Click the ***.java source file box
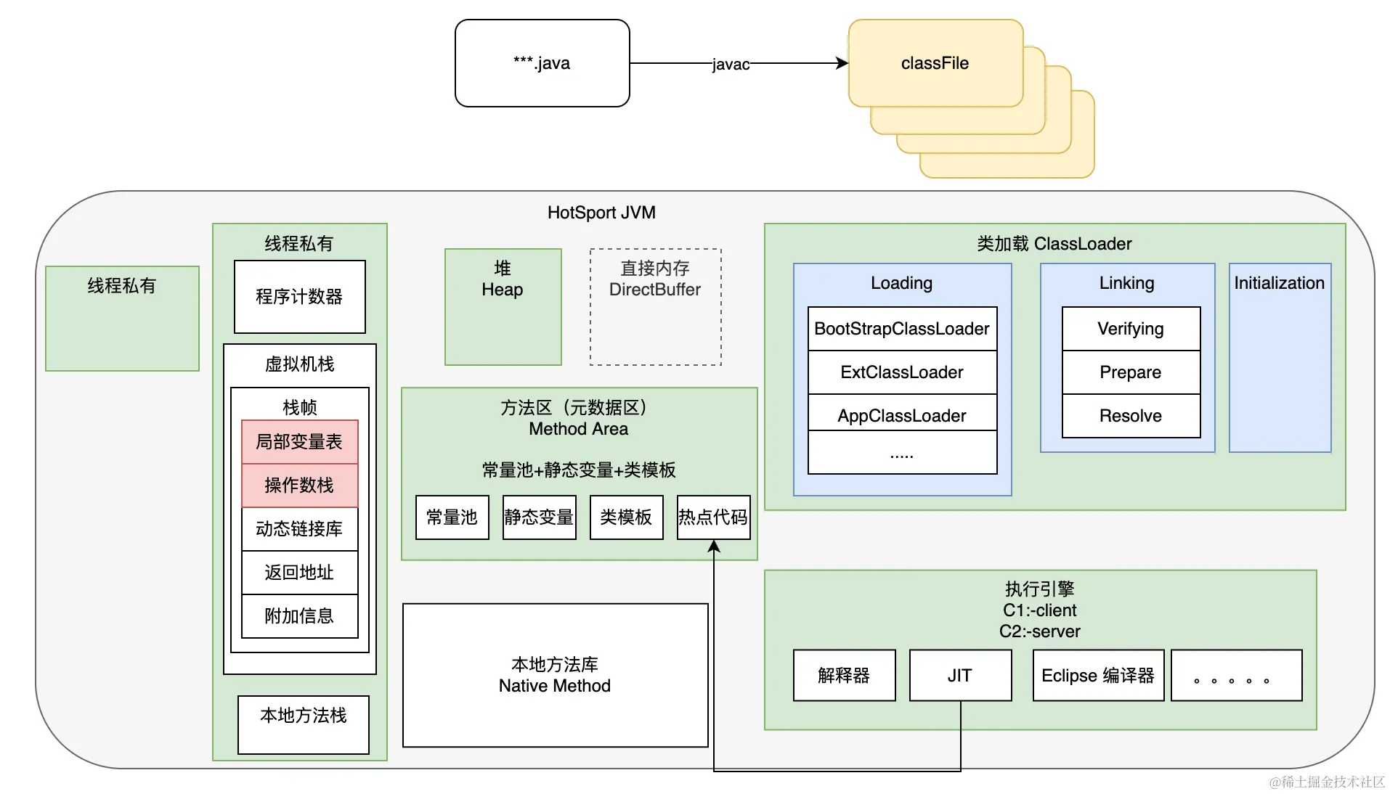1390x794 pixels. (542, 63)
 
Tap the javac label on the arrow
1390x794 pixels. (730, 65)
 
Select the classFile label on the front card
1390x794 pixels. (935, 63)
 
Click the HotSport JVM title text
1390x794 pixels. (601, 213)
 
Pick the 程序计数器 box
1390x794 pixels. (299, 296)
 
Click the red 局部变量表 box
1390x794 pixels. (299, 441)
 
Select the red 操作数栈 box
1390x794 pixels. (299, 485)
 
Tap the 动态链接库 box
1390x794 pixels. (299, 528)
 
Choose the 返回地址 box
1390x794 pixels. (299, 572)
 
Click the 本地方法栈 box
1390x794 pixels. (303, 724)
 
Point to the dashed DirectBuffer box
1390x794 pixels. (655, 306)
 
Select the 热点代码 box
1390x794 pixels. (713, 517)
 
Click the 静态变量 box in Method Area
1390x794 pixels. (539, 517)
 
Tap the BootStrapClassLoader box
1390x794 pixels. (902, 329)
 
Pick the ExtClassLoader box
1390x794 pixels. (902, 372)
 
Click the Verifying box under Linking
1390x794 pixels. (1131, 329)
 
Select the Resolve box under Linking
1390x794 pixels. (1131, 416)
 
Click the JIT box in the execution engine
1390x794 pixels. (960, 675)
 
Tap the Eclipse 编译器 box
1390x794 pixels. (1098, 675)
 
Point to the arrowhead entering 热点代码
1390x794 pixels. (714, 547)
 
